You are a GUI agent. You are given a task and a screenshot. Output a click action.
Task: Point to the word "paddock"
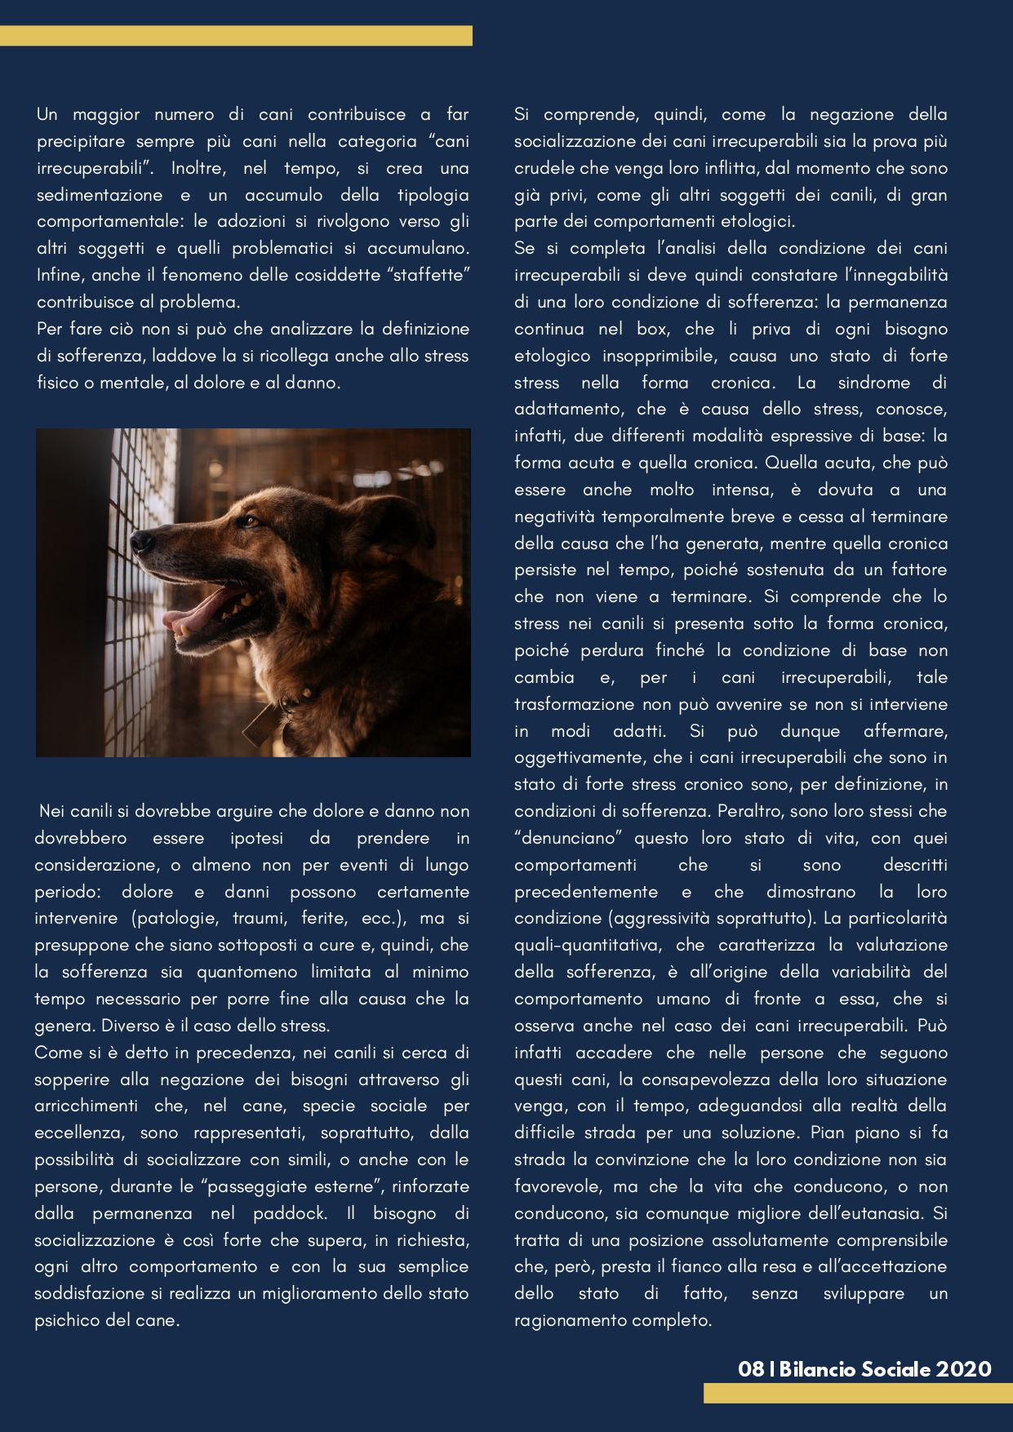[x=290, y=1213]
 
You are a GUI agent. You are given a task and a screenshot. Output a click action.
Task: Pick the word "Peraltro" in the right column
[x=752, y=811]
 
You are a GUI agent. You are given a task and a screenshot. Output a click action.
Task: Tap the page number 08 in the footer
[x=750, y=1369]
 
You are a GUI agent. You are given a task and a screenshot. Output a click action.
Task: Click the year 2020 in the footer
[x=963, y=1369]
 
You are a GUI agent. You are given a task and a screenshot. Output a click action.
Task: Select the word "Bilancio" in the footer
[x=817, y=1369]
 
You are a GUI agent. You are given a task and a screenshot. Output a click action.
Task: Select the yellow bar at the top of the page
[x=236, y=36]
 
